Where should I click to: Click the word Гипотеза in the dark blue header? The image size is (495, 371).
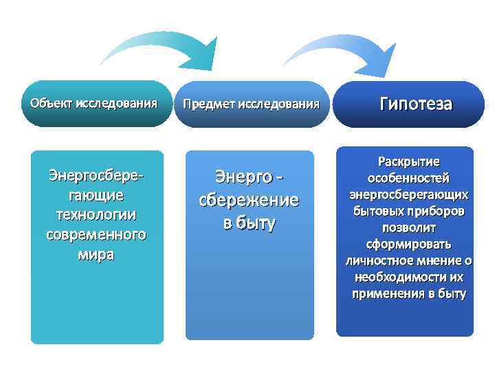415,104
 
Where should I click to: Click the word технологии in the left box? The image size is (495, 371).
96,214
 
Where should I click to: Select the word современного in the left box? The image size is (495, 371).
96,234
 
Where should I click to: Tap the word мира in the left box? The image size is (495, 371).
96,254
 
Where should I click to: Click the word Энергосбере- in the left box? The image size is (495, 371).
96,176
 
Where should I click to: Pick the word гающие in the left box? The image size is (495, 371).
96,195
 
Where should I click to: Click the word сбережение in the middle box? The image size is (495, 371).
248,201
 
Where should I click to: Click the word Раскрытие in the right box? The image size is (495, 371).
408,161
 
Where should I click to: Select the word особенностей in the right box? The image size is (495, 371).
408,178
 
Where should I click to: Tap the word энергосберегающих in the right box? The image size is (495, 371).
408,194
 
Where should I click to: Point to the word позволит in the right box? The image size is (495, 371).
408,227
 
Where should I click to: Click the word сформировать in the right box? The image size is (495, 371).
408,244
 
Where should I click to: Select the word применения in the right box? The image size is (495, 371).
393,294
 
